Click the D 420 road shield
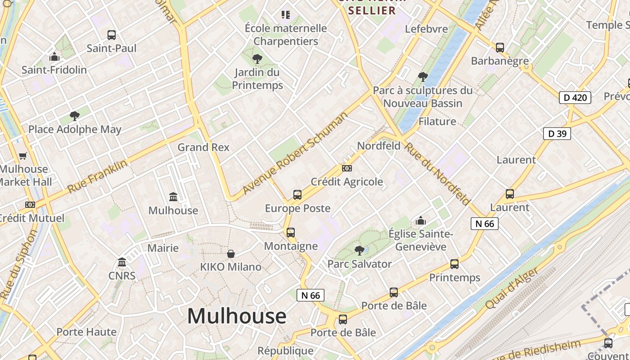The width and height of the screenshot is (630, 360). (575, 97)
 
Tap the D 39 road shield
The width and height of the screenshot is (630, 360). (557, 134)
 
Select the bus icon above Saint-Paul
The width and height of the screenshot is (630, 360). (111, 35)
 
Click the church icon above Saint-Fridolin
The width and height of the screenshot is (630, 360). (54, 57)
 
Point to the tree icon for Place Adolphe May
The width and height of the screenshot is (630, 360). (75, 116)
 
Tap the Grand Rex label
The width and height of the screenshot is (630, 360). (203, 147)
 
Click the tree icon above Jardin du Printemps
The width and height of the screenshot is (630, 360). (257, 58)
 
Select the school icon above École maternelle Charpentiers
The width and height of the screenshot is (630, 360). (286, 15)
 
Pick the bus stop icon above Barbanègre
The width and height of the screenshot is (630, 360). (499, 47)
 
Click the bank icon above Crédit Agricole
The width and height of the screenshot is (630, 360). (347, 168)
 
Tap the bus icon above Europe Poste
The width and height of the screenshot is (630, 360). (297, 195)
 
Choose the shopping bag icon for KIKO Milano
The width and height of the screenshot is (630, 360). (231, 254)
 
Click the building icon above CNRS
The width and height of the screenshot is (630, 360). (122, 262)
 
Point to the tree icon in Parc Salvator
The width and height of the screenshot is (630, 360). (359, 250)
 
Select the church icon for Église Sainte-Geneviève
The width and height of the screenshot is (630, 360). (421, 220)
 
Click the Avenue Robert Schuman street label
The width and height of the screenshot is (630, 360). (295, 153)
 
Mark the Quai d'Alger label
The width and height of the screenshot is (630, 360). (512, 288)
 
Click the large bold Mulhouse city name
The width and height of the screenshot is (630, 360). (237, 316)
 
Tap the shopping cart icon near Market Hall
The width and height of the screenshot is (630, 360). (22, 156)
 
